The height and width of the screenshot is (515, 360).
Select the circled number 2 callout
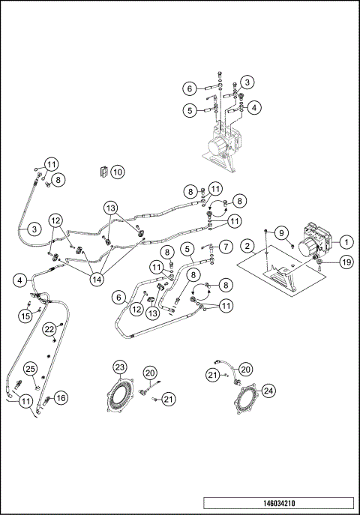pos(247,245)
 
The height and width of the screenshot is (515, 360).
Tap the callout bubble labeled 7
pos(223,246)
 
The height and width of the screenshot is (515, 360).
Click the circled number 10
pos(118,172)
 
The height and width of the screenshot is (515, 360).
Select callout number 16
pos(61,398)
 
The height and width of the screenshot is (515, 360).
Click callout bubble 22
pos(49,329)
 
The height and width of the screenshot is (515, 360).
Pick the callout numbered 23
pos(121,367)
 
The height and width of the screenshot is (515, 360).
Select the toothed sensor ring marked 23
pos(120,396)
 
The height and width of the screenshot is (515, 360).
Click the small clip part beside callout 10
pos(103,172)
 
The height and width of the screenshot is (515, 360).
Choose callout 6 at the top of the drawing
pos(190,88)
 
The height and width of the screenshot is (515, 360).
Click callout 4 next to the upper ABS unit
pos(255,107)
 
